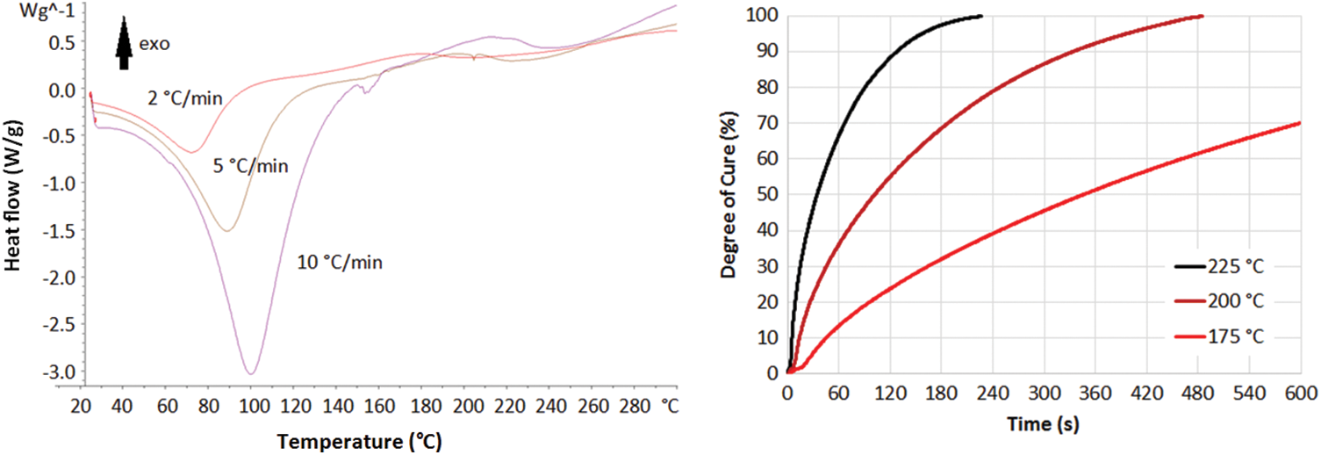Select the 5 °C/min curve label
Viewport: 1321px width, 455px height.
(251, 165)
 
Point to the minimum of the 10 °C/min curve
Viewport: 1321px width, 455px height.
(252, 373)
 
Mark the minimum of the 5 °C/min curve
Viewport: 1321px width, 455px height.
(227, 231)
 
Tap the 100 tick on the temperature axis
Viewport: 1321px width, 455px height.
(252, 406)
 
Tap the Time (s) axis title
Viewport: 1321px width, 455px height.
(1044, 425)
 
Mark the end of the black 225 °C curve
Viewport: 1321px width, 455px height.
(980, 16)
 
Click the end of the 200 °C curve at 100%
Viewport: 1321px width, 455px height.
(1202, 16)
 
